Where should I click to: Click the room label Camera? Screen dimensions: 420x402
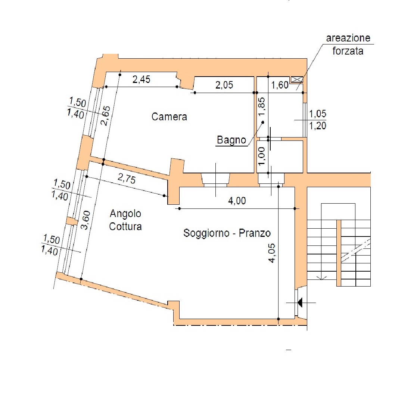[x=169, y=117]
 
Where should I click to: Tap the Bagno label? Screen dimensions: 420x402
[x=231, y=140]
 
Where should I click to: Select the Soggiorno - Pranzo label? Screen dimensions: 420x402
[x=227, y=233]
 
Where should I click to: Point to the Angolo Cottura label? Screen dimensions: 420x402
[x=125, y=220]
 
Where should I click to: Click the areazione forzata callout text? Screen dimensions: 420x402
[x=348, y=44]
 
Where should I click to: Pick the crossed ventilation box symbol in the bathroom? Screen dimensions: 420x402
[x=297, y=79]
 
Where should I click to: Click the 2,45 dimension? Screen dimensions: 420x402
[x=141, y=79]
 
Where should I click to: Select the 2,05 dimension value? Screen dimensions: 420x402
[x=224, y=85]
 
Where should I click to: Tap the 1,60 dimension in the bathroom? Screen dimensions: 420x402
[x=280, y=85]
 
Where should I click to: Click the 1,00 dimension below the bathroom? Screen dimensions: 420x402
[x=262, y=156]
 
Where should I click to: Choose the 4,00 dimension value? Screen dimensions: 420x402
[x=237, y=201]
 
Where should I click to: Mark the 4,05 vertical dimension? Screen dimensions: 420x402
[x=272, y=253]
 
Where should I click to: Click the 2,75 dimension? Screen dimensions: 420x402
[x=127, y=179]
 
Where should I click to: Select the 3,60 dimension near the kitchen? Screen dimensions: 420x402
[x=85, y=220]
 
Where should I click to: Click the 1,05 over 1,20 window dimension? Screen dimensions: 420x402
[x=318, y=120]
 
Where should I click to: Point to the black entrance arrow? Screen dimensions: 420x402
[x=300, y=303]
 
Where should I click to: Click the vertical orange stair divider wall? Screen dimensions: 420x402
[x=339, y=253]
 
